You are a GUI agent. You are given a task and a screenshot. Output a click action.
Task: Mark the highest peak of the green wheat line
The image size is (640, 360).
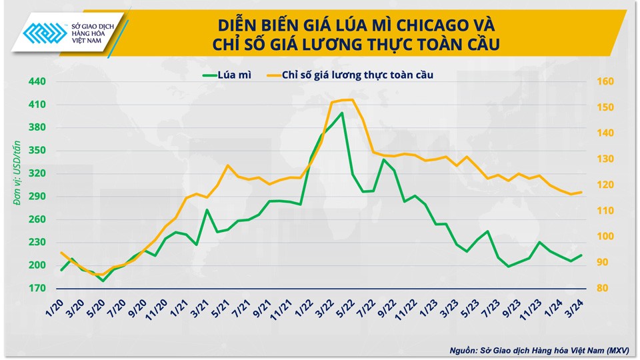[342, 113]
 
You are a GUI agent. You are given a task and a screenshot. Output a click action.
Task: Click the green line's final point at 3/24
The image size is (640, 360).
[581, 255]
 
